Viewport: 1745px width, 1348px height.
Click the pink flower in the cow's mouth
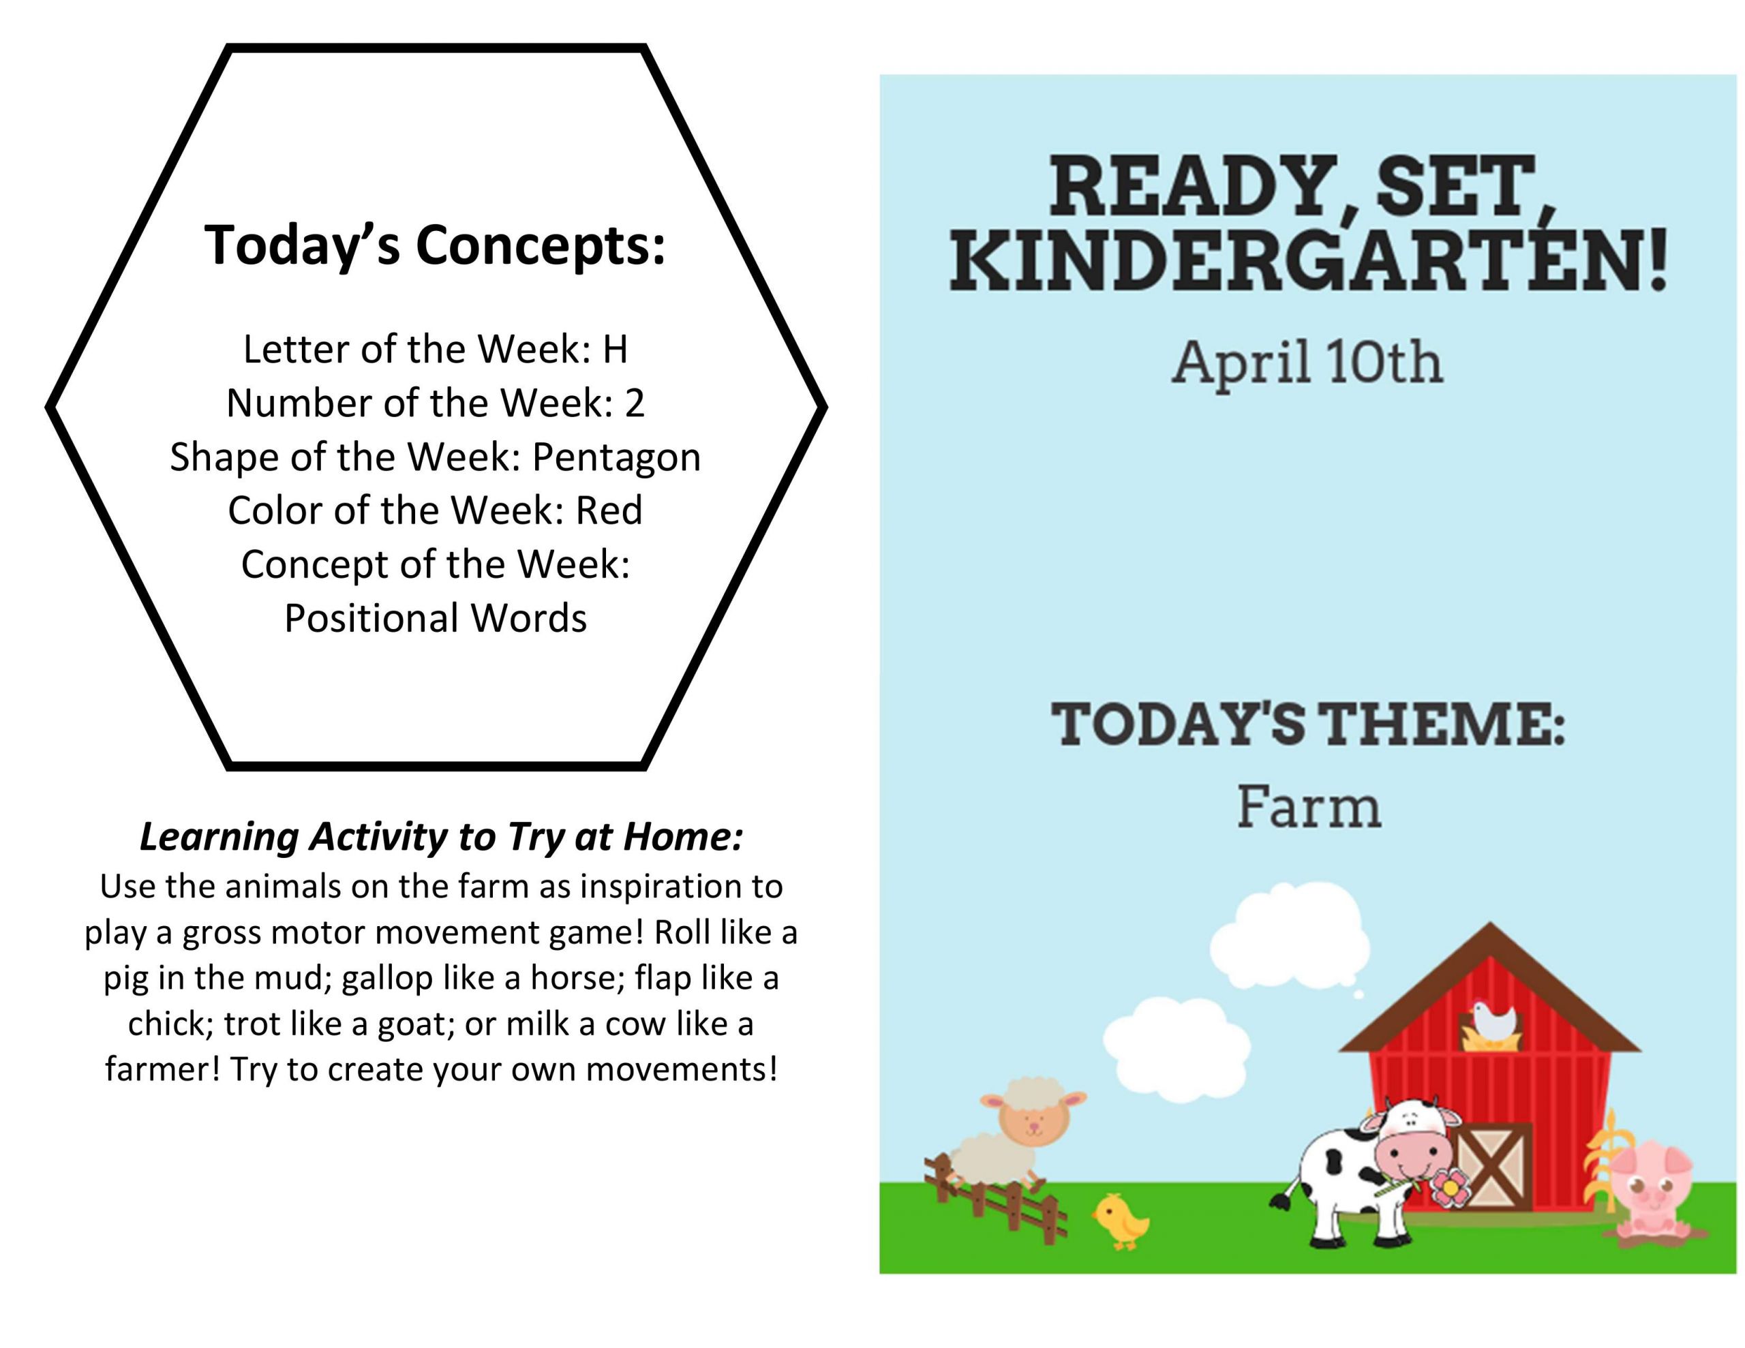[x=1449, y=1189]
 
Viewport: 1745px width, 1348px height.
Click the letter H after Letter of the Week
[x=616, y=348]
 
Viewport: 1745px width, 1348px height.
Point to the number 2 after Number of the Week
[x=635, y=403]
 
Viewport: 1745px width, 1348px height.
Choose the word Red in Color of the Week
[x=609, y=510]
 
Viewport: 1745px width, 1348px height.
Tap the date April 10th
[x=1307, y=362]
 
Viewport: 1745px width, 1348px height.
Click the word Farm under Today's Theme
[x=1309, y=806]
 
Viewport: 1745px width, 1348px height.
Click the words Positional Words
[x=436, y=617]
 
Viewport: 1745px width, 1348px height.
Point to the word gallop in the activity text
[x=386, y=979]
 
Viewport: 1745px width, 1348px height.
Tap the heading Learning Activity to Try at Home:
[x=441, y=837]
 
